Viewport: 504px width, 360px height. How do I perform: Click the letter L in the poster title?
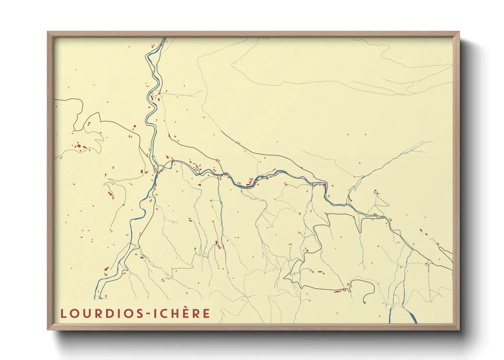coord(63,313)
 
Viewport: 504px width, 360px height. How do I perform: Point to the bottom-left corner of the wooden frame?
coord(48,329)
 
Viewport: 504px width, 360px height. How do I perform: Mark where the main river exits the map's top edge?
coord(164,38)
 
